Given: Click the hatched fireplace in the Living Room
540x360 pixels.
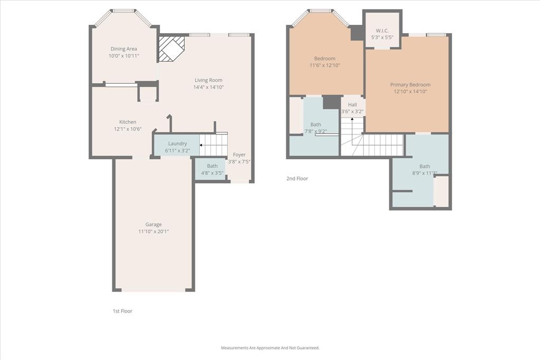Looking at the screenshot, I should [x=172, y=48].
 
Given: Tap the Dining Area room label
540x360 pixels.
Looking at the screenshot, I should [x=124, y=49].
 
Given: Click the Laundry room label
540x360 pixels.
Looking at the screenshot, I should [x=177, y=143].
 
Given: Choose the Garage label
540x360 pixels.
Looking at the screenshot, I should [x=153, y=225].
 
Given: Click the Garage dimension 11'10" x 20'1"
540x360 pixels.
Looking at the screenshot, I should [x=153, y=231].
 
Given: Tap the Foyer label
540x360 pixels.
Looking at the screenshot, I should [x=239, y=155].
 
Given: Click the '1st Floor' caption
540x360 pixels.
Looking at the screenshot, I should [x=122, y=311].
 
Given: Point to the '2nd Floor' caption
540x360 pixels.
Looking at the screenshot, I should [x=297, y=179].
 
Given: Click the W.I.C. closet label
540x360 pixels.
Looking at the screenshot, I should [x=382, y=31].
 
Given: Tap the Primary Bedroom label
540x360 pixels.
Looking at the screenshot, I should [x=410, y=85].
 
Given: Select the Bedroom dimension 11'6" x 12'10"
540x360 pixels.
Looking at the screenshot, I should [x=324, y=65].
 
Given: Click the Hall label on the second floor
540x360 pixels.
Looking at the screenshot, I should [x=352, y=105].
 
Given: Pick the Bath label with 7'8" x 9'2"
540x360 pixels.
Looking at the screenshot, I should [x=315, y=125].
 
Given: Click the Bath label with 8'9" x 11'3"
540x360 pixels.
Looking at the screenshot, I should [x=425, y=167].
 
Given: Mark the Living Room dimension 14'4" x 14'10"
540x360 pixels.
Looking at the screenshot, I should [x=208, y=87].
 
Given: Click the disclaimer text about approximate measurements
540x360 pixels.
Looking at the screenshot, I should [x=270, y=348].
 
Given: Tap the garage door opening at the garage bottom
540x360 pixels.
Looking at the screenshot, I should [x=153, y=290].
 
